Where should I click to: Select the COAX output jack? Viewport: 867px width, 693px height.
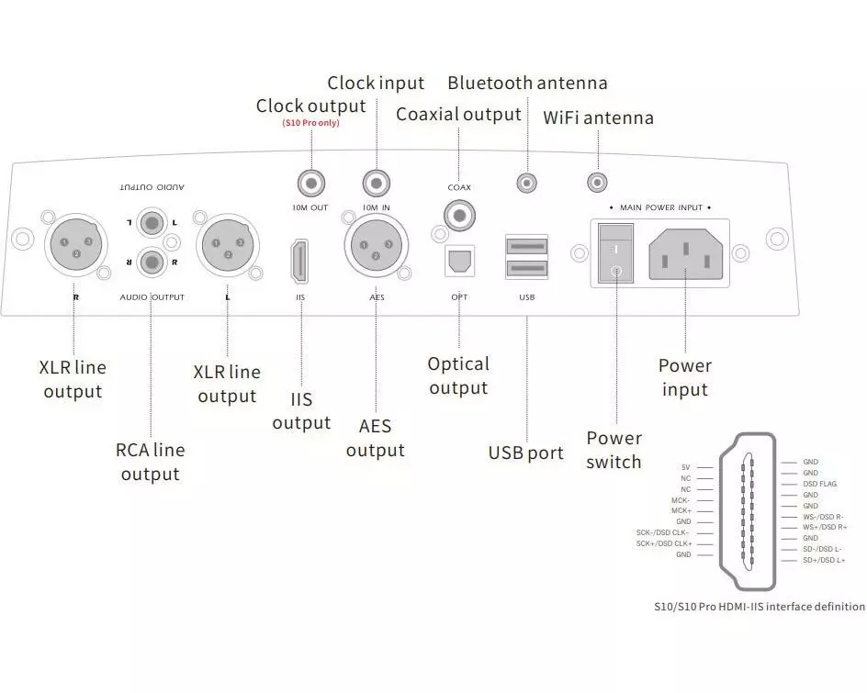(x=457, y=217)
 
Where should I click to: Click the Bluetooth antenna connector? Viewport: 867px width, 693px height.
(x=527, y=184)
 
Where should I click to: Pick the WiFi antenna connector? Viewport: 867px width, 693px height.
(x=599, y=184)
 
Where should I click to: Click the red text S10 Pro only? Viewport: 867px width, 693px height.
(x=310, y=123)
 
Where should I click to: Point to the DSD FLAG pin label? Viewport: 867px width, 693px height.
(x=820, y=484)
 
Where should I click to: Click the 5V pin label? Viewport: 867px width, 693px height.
(x=685, y=467)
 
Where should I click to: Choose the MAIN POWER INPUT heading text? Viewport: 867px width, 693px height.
(x=660, y=208)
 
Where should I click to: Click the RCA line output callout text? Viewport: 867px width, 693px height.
(x=150, y=462)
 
